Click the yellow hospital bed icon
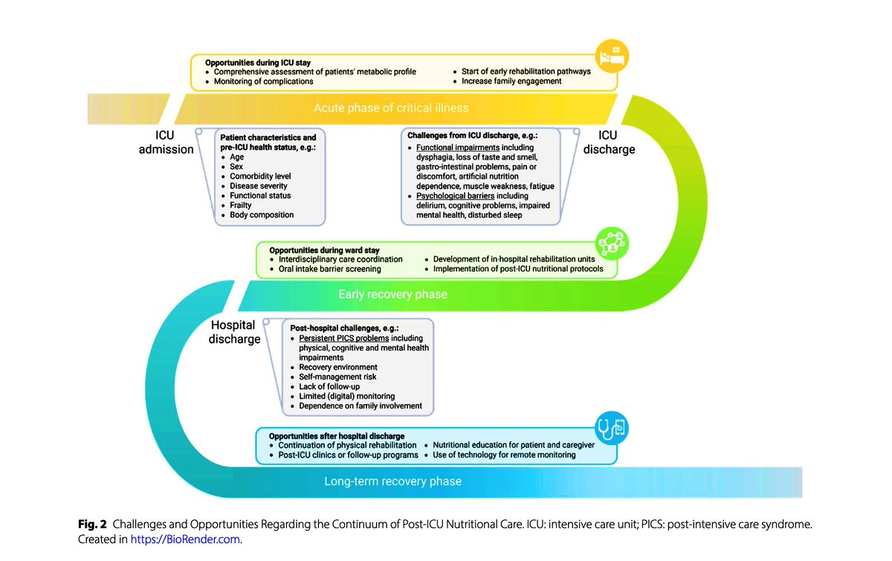(612, 56)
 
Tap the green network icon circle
(612, 243)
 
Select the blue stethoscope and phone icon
(612, 428)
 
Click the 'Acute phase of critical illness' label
(391, 108)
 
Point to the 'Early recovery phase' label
(392, 294)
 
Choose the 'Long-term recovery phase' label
(392, 481)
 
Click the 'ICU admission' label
(166, 142)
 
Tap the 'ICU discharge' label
(609, 142)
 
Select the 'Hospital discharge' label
(234, 332)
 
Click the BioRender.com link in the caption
(185, 539)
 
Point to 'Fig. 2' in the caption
(92, 525)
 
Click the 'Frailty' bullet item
(241, 205)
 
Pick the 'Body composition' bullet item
(262, 215)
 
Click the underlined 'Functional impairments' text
(458, 148)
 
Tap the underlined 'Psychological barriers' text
(455, 196)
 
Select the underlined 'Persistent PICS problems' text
(344, 338)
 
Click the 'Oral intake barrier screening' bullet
(330, 269)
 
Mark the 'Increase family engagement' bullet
(511, 81)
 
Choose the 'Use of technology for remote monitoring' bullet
(504, 455)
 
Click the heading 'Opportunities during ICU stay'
(258, 62)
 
